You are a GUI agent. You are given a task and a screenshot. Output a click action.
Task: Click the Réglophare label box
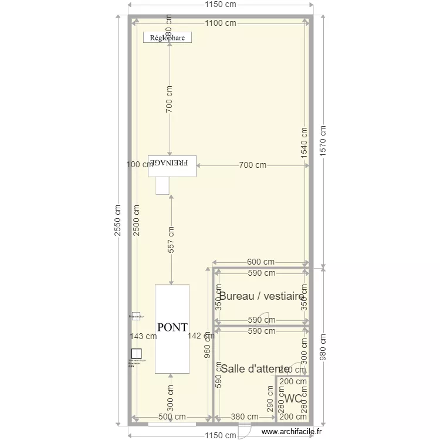168,38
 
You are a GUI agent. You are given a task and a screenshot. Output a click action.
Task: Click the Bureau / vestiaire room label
261,296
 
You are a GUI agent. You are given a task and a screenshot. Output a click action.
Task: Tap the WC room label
293,399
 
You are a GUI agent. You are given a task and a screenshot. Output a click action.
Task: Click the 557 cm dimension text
171,239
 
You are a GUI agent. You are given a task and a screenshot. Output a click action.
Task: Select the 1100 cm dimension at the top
221,23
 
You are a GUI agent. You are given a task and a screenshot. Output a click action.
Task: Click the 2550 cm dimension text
119,221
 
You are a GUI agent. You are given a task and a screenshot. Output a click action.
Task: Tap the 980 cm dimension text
322,347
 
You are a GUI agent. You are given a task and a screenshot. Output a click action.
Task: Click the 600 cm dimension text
260,262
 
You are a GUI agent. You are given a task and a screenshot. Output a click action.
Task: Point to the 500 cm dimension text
172,417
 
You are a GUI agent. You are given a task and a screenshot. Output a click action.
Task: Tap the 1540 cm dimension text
304,141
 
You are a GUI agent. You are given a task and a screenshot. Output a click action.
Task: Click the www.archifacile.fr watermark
292,431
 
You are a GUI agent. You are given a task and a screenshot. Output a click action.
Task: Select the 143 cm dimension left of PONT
144,336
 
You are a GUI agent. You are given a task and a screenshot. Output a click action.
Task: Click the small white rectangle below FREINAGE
162,185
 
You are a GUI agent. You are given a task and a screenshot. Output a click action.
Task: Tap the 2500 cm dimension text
137,221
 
